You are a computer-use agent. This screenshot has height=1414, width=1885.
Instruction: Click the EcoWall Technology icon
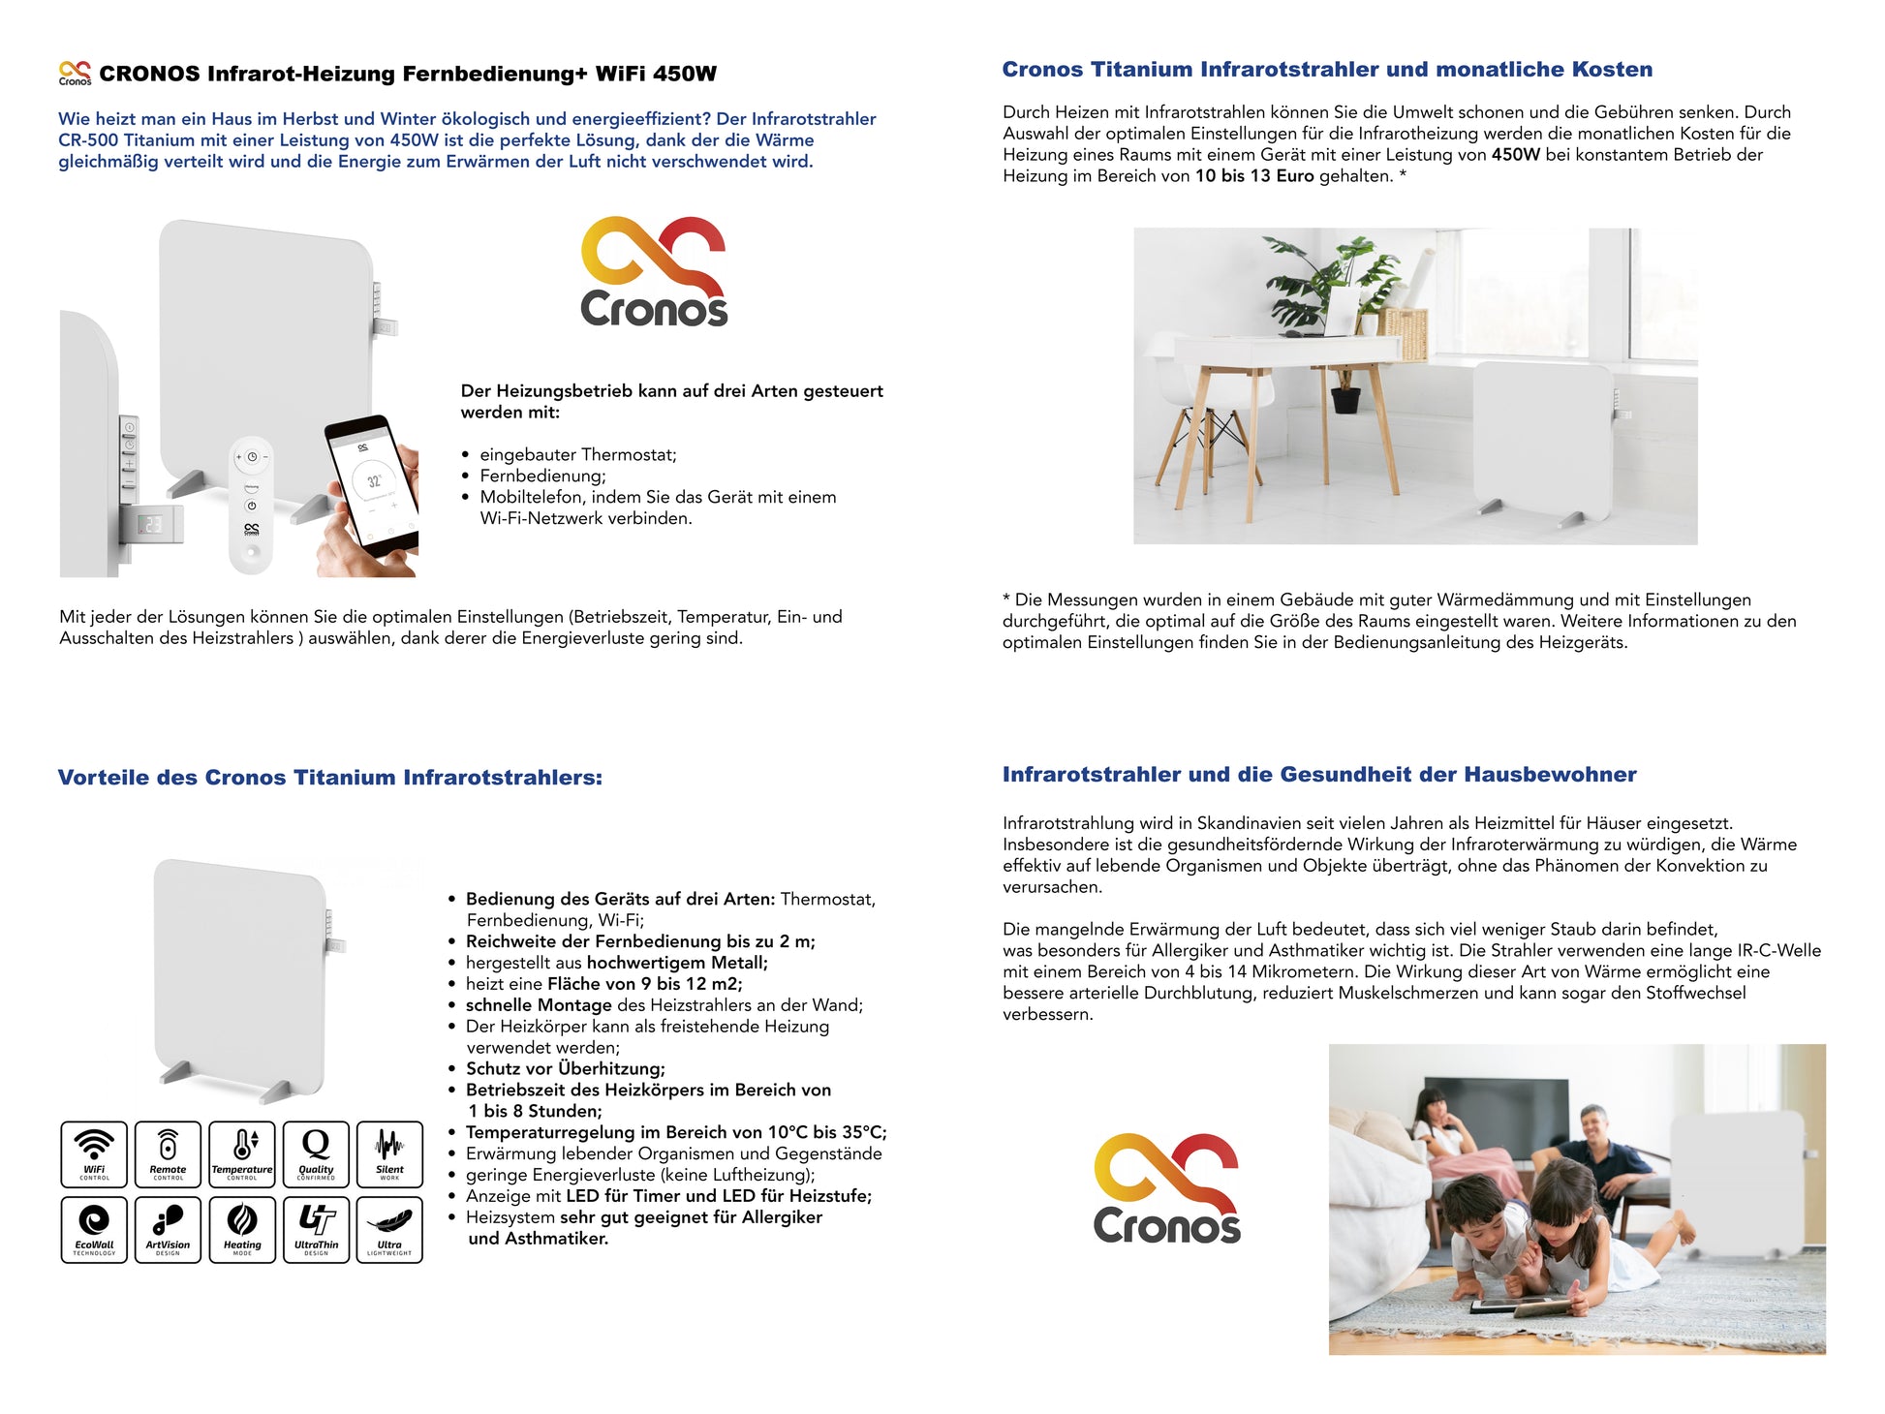pos(94,1229)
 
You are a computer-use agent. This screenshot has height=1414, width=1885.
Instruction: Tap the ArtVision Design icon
pos(168,1229)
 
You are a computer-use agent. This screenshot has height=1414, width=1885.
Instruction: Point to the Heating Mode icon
pos(242,1229)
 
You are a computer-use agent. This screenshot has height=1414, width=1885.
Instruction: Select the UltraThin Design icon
pos(316,1229)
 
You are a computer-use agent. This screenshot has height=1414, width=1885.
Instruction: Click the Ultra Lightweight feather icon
pos(389,1229)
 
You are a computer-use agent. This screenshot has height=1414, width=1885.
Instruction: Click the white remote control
pos(252,504)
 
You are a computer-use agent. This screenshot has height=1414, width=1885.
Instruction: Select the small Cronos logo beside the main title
pos(75,74)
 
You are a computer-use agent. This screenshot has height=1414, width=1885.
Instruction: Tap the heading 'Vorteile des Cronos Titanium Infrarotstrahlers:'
pos(329,778)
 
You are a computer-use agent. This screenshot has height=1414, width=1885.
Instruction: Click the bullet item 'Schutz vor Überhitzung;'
pos(566,1069)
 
